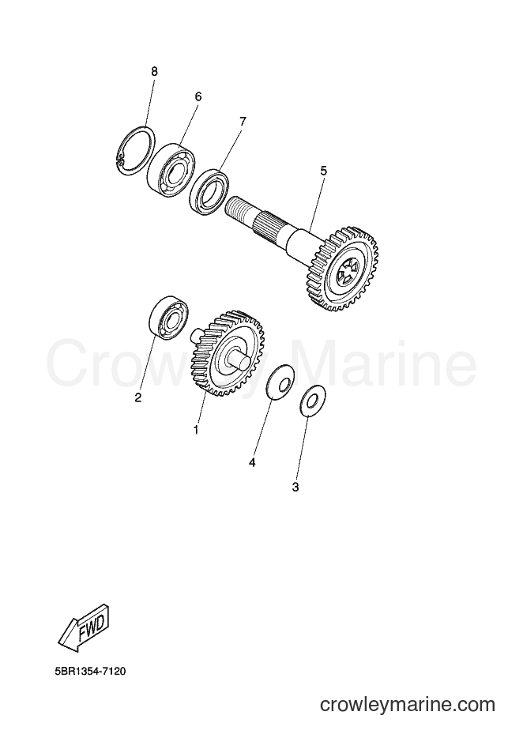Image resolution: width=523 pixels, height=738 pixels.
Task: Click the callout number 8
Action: (154, 72)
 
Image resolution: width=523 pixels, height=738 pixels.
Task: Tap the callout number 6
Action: (198, 96)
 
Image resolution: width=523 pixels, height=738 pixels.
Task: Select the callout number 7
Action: (243, 122)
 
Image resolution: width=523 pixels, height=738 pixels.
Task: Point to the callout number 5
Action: (323, 171)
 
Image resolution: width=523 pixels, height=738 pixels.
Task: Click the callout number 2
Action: (138, 397)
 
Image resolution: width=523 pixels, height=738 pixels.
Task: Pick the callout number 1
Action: (195, 430)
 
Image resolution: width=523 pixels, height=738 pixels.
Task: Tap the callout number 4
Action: (252, 463)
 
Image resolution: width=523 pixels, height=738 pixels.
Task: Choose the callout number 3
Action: (295, 488)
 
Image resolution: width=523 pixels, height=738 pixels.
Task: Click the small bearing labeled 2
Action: (168, 318)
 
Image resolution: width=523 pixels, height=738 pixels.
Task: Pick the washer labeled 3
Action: (313, 401)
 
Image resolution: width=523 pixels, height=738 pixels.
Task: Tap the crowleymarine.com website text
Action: (407, 705)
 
